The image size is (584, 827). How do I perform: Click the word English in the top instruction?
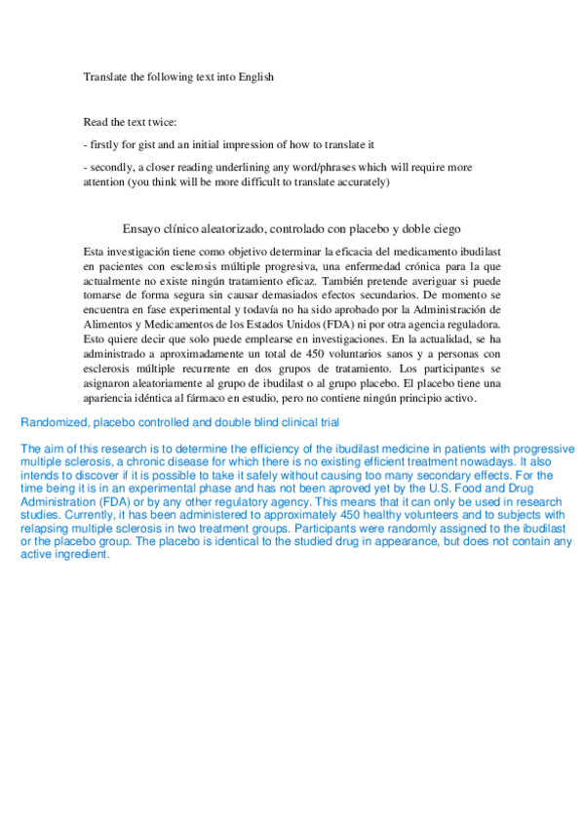[x=253, y=78]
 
